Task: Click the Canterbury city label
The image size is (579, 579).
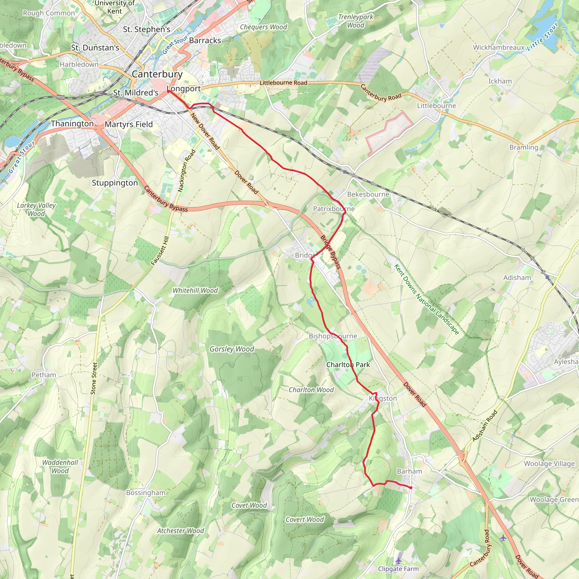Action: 157,74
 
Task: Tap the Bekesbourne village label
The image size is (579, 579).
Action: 368,194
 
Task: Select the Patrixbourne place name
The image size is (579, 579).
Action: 334,209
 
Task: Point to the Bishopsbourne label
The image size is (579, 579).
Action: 333,336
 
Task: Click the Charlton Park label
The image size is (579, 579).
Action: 348,364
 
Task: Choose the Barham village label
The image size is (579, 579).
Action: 409,471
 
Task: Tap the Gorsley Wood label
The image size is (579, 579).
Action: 232,349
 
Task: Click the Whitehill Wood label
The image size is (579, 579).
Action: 195,290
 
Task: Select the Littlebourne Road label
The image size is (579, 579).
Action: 283,83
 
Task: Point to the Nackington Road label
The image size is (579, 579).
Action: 186,171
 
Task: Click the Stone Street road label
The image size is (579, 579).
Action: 94,378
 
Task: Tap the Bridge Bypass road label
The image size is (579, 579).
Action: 330,252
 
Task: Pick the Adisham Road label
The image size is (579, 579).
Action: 485,425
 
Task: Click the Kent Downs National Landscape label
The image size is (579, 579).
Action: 426,299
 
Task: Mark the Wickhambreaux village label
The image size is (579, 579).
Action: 499,47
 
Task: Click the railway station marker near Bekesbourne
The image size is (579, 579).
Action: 345,172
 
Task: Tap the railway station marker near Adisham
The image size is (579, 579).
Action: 547,278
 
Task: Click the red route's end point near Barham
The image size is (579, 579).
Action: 411,488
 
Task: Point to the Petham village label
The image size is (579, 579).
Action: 44,375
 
